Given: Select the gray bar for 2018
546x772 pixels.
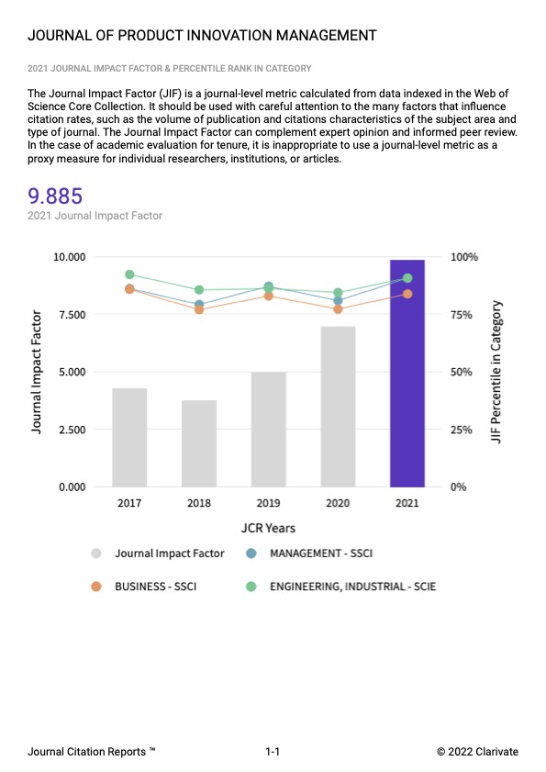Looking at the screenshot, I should coord(199,443).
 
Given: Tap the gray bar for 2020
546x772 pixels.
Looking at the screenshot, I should coord(338,407).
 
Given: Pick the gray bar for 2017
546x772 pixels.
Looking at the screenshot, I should coord(129,437).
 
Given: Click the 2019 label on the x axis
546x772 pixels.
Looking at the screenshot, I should coord(269,503).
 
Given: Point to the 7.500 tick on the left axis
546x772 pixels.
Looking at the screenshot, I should coord(69,315).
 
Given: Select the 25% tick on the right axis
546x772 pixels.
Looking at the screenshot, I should coord(464,430).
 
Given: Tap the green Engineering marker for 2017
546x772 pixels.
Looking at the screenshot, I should coord(129,274).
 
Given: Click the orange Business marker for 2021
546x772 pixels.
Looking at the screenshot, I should coord(407,294).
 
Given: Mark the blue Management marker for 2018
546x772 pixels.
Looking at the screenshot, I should coord(199,304).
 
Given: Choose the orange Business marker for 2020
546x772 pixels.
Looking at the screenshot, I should coord(338,309).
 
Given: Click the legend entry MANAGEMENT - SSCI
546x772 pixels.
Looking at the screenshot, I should coord(320,554).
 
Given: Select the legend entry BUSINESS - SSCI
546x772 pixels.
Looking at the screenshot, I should coord(153,585).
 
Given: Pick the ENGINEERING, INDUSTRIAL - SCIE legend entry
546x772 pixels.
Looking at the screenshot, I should coord(351,585).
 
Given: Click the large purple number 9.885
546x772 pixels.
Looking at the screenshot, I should coord(56,196).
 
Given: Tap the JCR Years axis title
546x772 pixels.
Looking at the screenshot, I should coord(268,528).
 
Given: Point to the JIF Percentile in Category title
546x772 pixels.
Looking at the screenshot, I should coord(496,372).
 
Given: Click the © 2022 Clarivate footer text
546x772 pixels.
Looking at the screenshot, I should coord(477,752).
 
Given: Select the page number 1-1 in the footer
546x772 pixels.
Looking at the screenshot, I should coord(273,752).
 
